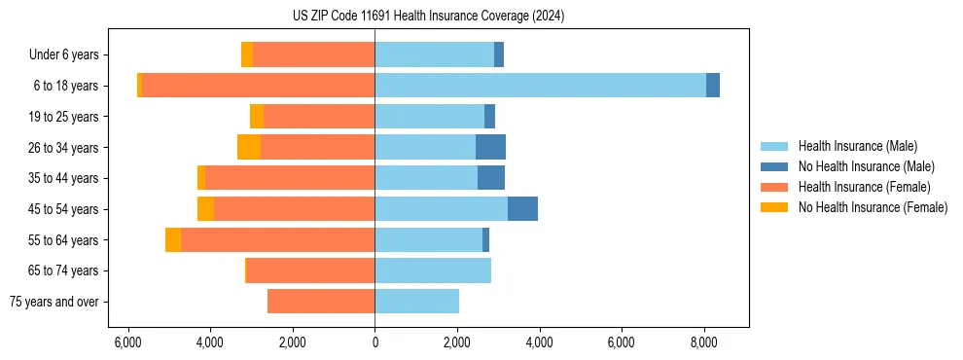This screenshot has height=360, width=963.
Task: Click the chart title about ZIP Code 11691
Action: point(428,17)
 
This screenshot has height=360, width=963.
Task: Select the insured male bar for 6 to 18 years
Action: point(540,86)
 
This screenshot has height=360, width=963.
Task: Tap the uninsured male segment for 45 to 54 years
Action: point(522,208)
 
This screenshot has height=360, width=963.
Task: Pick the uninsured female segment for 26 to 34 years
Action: point(249,147)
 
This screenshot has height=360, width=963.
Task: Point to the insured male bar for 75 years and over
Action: point(416,301)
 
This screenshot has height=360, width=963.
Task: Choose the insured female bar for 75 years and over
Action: point(321,301)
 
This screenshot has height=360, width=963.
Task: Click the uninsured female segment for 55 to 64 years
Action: point(173,239)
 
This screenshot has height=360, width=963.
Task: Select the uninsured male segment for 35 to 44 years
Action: point(491,178)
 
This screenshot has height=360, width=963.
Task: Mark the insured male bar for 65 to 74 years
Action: point(433,270)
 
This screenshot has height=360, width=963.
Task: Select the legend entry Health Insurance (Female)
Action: point(861,187)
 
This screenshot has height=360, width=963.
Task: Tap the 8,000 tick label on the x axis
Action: point(703,342)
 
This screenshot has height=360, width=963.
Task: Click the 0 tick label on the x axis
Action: point(374,342)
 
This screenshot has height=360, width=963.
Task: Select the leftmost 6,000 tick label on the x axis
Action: point(128,342)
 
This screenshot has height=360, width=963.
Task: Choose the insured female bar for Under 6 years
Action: point(313,55)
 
